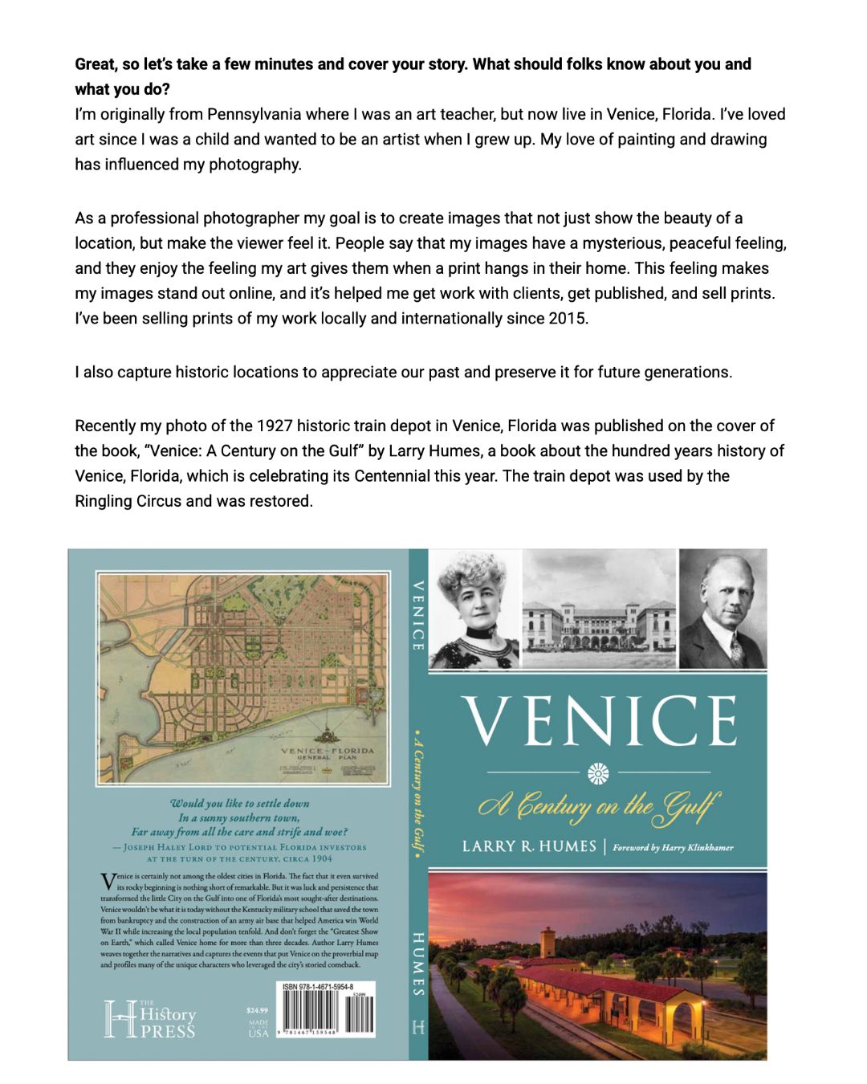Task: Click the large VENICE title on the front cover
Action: click(599, 720)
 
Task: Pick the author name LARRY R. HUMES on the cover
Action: click(529, 846)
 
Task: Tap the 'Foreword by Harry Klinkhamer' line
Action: click(673, 847)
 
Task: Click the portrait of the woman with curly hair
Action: click(475, 609)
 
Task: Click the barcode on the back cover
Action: click(325, 1014)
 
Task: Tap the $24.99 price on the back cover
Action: click(258, 1010)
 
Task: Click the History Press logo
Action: click(150, 1019)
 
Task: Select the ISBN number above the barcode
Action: click(319, 987)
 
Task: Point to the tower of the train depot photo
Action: click(547, 942)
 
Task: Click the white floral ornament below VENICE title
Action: click(598, 773)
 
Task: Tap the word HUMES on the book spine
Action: click(418, 964)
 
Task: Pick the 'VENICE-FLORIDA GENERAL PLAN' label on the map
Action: click(327, 753)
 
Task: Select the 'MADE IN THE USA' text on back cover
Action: click(258, 1029)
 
